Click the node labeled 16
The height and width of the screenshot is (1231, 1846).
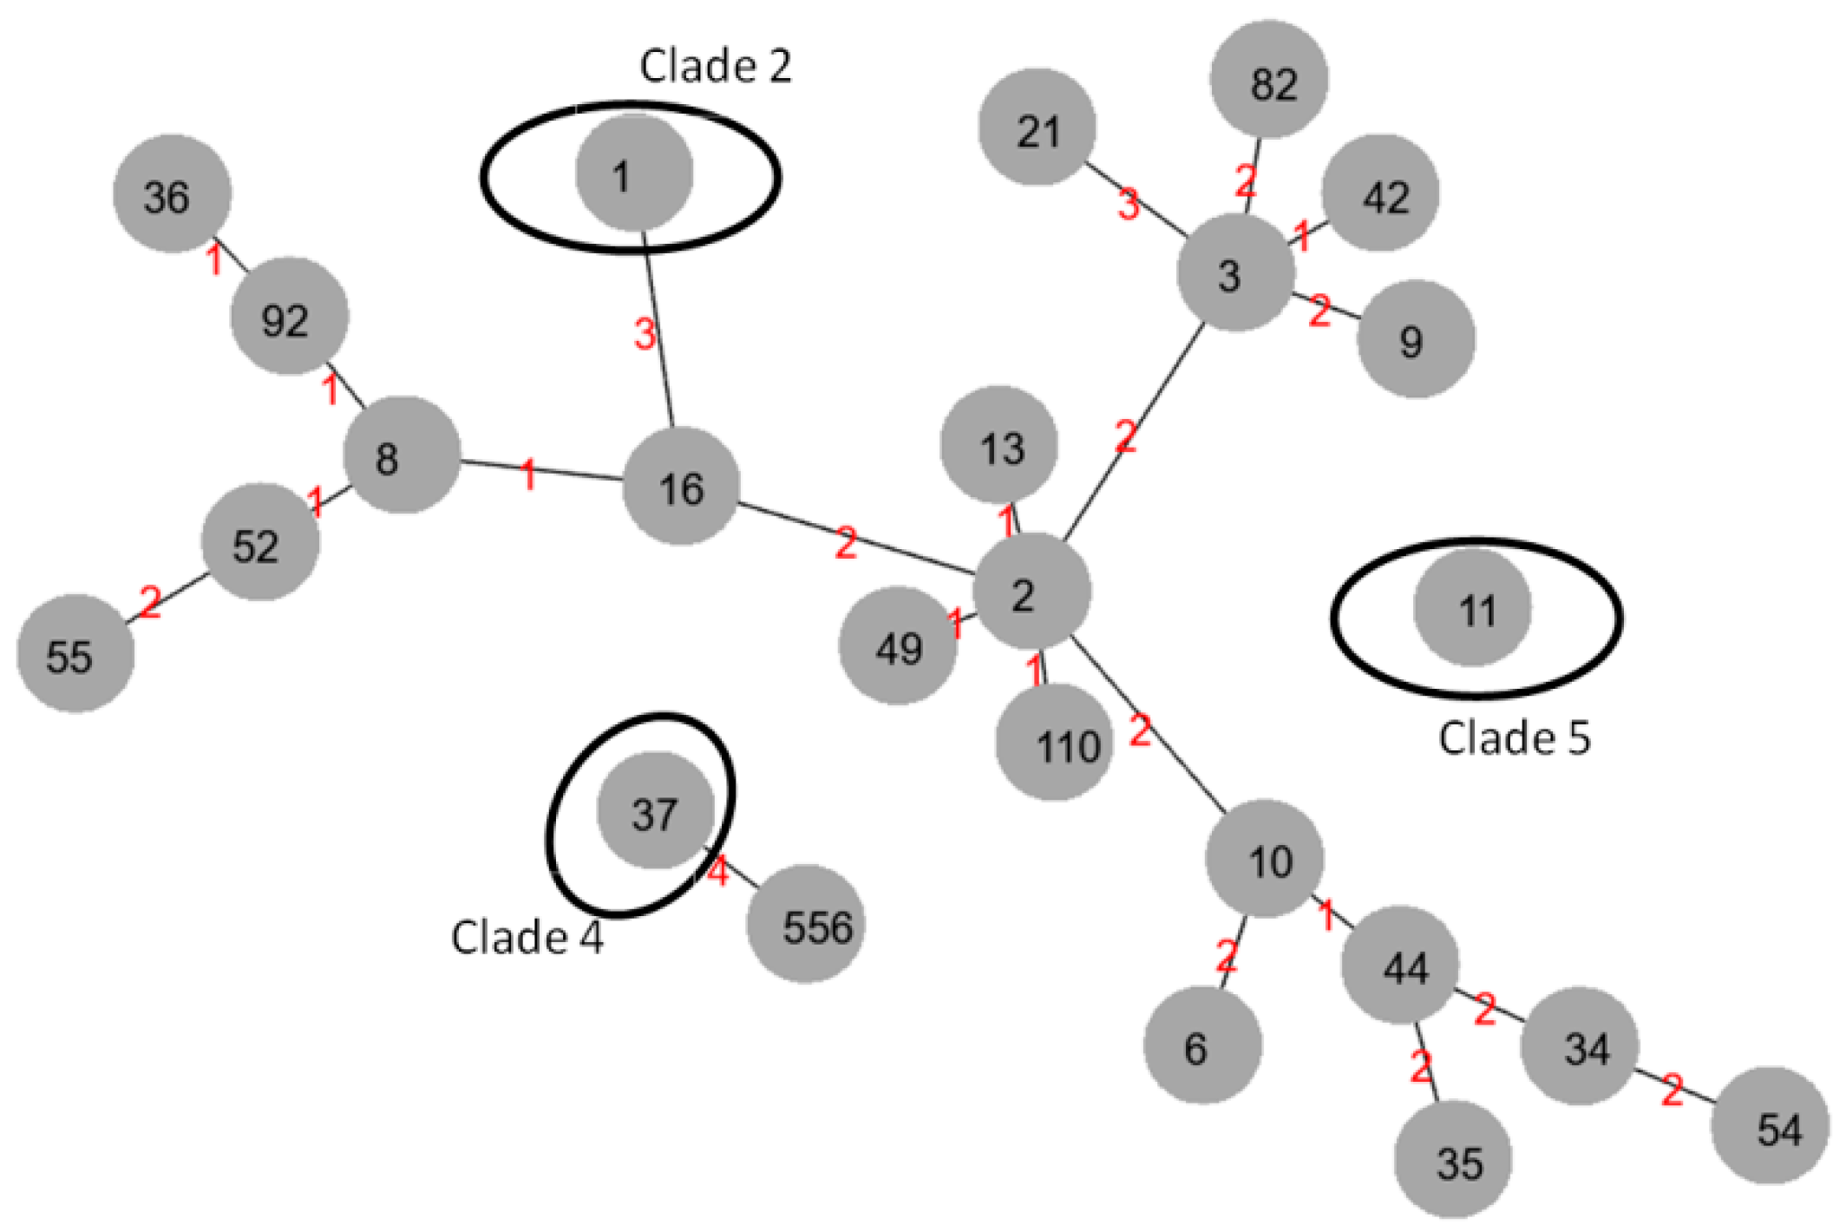click(681, 487)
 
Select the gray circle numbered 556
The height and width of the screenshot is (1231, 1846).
click(806, 924)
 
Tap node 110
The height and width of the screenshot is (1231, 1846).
click(1054, 743)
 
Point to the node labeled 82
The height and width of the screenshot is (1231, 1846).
click(1269, 81)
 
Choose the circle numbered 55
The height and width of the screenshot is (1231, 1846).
click(75, 654)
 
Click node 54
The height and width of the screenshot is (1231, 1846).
click(1771, 1126)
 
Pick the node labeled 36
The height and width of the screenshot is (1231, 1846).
click(172, 194)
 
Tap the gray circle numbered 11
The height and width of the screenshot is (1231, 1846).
click(1472, 608)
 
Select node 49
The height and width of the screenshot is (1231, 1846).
click(898, 646)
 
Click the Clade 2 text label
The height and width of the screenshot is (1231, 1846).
click(716, 66)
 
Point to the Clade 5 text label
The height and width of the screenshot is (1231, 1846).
click(1515, 738)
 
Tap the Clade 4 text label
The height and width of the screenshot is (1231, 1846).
click(527, 937)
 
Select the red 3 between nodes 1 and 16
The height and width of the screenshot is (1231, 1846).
click(645, 334)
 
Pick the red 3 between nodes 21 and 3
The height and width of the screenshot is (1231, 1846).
click(1128, 205)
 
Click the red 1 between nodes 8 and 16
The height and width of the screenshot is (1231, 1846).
click(527, 475)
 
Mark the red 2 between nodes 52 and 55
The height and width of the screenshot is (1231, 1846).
click(150, 601)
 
